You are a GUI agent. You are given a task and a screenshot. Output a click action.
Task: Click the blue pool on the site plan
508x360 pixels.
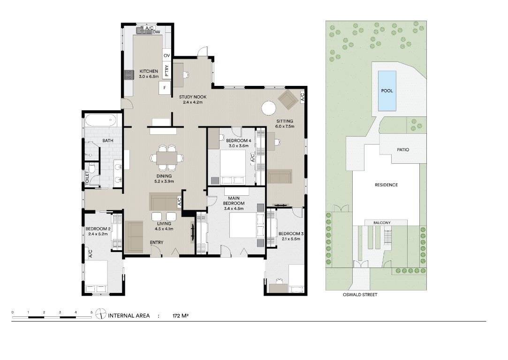pos(387,91)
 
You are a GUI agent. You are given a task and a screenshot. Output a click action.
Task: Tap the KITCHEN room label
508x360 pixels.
pos(149,71)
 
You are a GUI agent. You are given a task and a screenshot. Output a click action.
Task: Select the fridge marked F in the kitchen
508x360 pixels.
pos(165,88)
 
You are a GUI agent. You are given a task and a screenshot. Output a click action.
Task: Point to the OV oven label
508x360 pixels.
pos(167,56)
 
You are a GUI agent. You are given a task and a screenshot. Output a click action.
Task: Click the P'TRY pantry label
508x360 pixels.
pos(167,71)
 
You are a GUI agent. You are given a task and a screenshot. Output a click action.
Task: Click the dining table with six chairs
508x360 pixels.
pos(167,158)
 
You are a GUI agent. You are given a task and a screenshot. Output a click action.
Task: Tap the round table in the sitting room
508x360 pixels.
pos(269,108)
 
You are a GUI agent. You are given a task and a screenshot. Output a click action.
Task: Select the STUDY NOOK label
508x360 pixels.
pos(193,97)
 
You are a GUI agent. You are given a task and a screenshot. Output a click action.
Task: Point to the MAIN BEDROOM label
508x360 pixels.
pos(234,201)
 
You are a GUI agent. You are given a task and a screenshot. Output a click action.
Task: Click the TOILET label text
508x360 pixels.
pos(87,178)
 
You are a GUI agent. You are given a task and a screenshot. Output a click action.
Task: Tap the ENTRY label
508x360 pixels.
pos(157,243)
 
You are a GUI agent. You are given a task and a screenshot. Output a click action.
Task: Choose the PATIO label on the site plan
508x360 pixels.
pos(403,150)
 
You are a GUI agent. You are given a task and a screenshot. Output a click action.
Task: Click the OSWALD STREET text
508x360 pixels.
pos(360,295)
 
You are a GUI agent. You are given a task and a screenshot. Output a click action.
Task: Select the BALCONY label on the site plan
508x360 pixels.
pos(382,223)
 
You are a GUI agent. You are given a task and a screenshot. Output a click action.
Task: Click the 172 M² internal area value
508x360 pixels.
pos(181,315)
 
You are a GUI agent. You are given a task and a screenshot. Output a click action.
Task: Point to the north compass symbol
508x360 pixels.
pos(101,314)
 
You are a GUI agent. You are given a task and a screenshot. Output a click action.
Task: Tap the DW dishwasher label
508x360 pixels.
pos(157,32)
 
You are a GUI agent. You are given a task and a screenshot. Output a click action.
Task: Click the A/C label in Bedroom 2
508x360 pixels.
pos(91,253)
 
